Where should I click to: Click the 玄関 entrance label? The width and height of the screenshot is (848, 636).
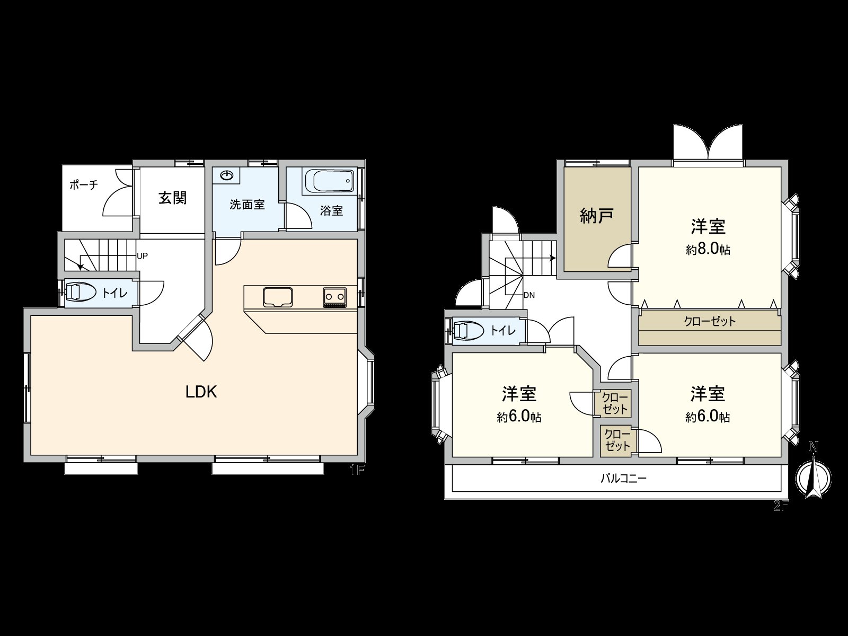coord(173,198)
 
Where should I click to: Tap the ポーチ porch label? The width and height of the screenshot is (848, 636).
coord(84,185)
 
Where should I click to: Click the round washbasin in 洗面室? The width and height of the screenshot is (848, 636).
coord(226,175)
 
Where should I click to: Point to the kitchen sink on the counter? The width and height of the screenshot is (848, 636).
coord(277,297)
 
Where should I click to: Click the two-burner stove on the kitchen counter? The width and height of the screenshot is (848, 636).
coord(334,297)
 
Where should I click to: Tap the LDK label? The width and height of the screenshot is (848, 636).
coord(201,392)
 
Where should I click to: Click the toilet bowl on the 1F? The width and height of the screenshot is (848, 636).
coord(81,292)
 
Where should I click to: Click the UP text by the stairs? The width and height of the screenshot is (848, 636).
coord(142,255)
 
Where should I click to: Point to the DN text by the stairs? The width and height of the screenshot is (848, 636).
coord(528,295)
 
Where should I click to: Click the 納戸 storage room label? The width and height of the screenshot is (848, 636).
coord(597,216)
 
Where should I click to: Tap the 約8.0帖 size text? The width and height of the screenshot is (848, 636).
coord(708,250)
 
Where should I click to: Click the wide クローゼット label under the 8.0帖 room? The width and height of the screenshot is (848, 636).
coord(710,321)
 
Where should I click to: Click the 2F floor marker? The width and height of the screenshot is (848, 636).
coord(781,506)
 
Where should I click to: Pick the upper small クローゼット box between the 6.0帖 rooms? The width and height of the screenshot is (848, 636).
coord(615,403)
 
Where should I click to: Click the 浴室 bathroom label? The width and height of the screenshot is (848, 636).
coord(332,210)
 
